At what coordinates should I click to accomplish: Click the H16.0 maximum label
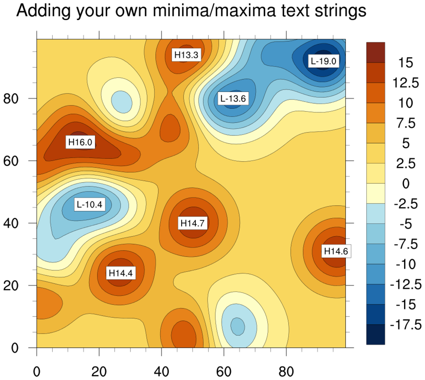[x=80, y=143]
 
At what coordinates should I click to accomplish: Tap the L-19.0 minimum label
[x=323, y=61]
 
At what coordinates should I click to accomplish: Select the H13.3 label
[x=186, y=55]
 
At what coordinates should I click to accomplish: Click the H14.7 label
[x=192, y=223]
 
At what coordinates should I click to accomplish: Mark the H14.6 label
[x=336, y=251]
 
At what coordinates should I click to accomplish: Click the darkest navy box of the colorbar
[x=375, y=334]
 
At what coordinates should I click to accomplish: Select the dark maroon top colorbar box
[x=375, y=52]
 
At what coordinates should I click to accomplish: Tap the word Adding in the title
[x=43, y=12]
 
